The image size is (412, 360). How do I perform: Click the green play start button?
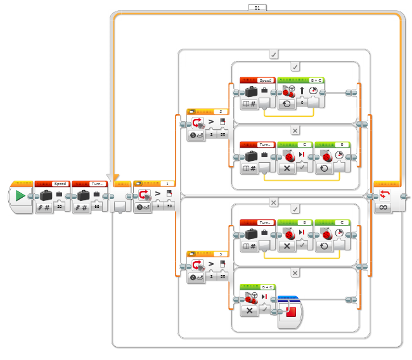20,196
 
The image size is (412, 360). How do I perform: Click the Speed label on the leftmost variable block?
60,184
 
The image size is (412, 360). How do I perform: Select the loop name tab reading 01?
257,7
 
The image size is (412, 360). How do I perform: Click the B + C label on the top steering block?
315,80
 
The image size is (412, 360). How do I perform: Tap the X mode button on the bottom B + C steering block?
248,311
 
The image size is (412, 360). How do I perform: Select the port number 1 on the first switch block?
166,184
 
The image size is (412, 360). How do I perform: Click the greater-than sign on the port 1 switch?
158,195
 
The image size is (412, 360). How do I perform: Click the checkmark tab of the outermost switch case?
273,55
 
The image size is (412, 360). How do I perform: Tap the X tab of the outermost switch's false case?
273,202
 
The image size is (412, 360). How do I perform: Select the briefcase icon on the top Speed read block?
252,91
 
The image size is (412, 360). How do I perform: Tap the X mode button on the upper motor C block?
286,168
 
